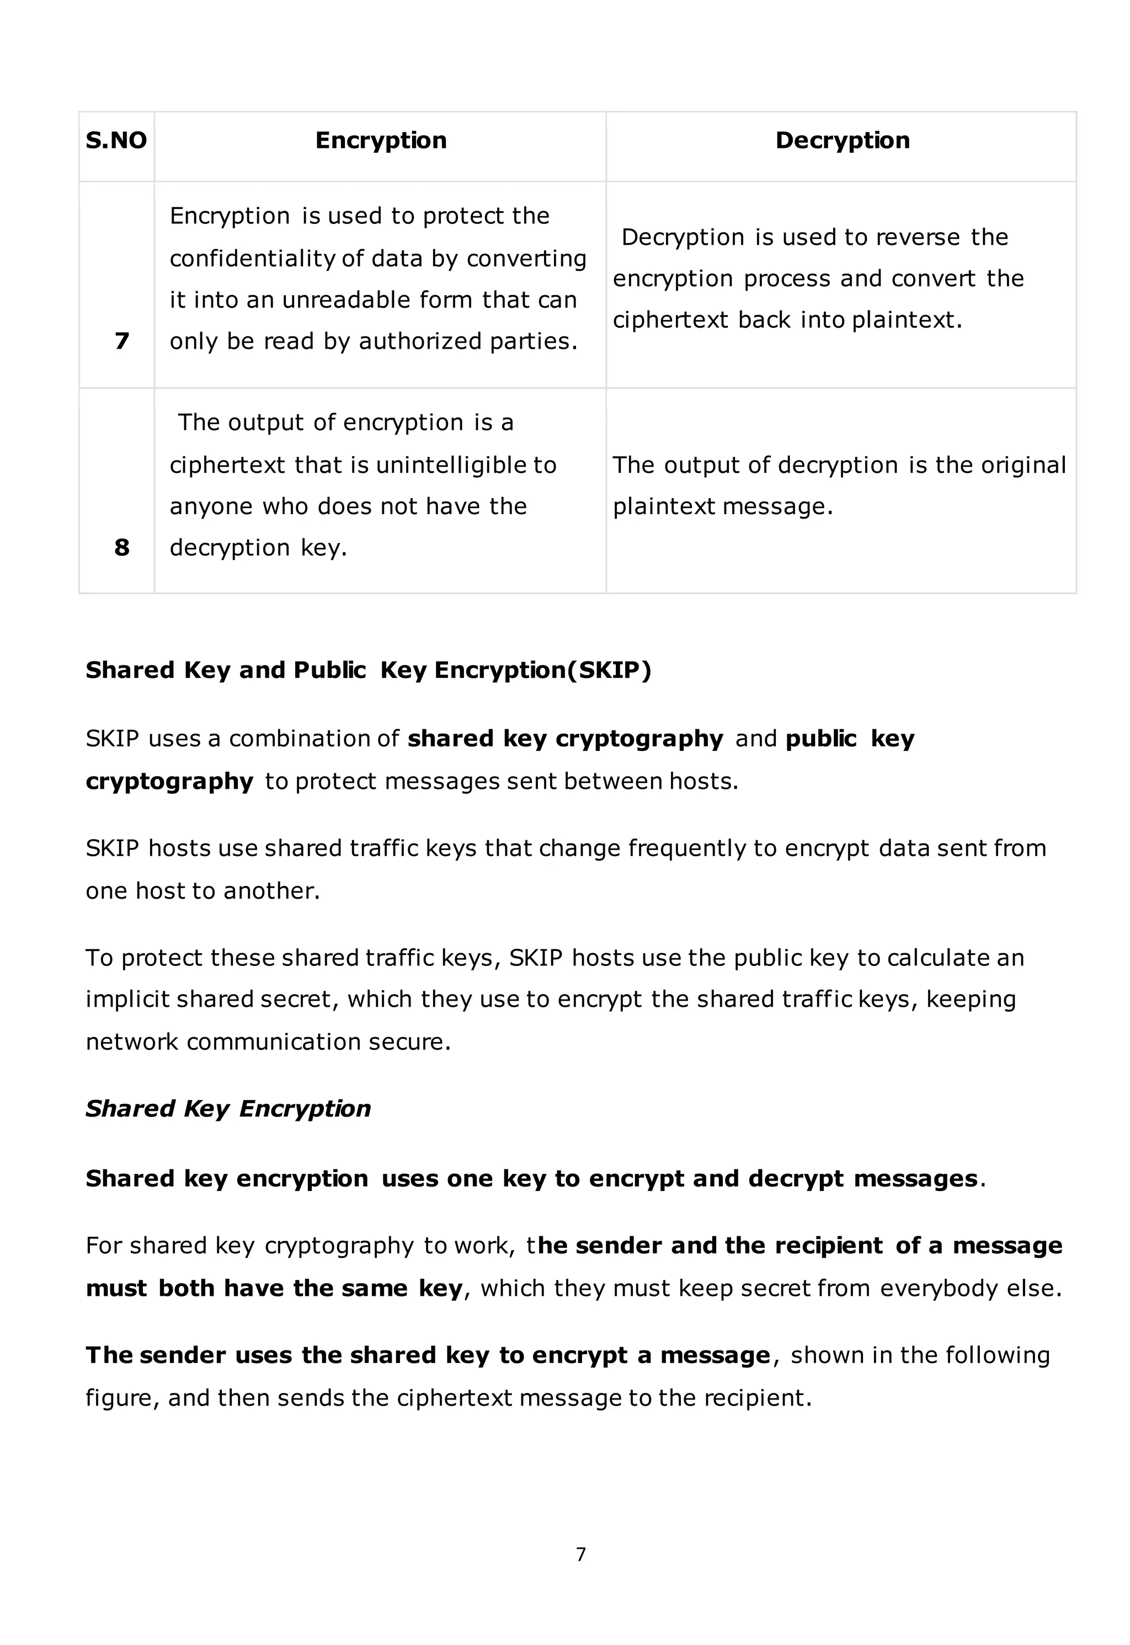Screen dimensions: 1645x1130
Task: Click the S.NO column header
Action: [x=116, y=140]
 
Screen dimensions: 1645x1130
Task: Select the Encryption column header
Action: [x=380, y=140]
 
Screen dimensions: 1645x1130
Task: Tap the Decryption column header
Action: [x=842, y=140]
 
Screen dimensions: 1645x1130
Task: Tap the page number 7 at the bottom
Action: [x=580, y=1555]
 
